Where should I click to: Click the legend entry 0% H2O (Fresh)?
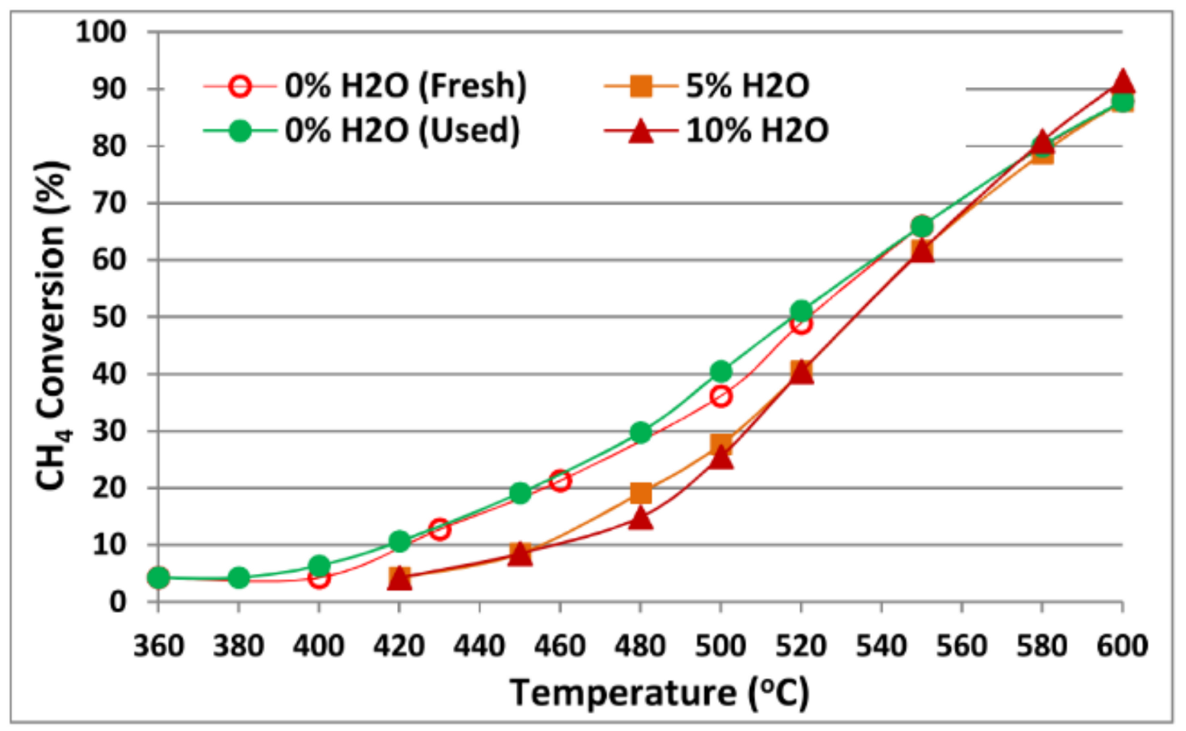coord(405,85)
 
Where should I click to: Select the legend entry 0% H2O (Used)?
coord(402,130)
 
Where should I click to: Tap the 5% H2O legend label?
coord(747,85)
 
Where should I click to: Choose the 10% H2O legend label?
coord(756,130)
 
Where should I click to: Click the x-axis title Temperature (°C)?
coord(659,693)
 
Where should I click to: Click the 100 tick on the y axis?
coord(101,32)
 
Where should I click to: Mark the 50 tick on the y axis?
coord(108,317)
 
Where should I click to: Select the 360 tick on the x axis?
coord(158,646)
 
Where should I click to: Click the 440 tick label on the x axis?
coord(480,646)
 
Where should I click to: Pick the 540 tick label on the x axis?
coord(881,646)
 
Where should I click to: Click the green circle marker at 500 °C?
coord(721,372)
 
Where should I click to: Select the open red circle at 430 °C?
coord(439,529)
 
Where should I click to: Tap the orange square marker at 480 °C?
coord(641,493)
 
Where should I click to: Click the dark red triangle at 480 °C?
coord(641,519)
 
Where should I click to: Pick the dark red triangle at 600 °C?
coord(1122,82)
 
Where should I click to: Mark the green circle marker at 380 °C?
coord(239,578)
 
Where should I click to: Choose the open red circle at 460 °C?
coord(560,481)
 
